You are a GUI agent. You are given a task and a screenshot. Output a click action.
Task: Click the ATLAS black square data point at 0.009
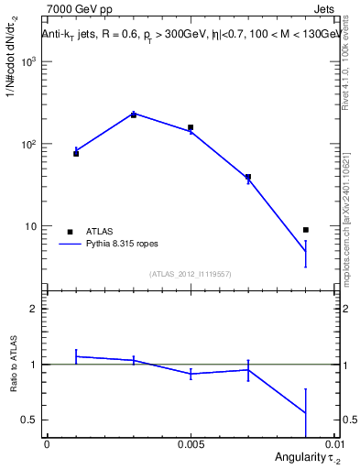[x=306, y=230]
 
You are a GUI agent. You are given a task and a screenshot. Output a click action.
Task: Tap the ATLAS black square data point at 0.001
[x=76, y=153]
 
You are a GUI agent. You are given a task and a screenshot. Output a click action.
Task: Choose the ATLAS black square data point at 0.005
[x=191, y=127]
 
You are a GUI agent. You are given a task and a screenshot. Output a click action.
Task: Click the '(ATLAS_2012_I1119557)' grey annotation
[x=191, y=273]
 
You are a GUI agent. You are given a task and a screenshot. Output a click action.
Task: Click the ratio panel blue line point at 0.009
[x=306, y=413]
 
